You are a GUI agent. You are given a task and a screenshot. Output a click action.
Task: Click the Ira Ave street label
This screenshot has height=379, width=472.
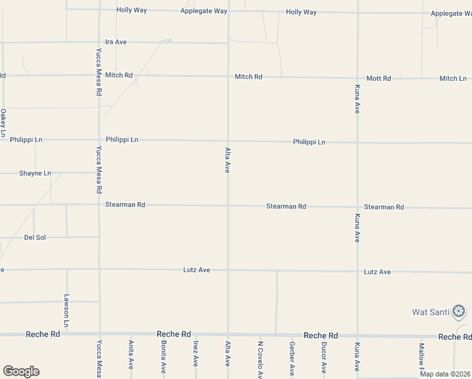point(116,42)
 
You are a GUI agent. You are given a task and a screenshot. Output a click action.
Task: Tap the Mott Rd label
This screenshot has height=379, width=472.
point(379,78)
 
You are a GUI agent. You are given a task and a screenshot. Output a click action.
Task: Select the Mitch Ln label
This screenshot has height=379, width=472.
point(452,78)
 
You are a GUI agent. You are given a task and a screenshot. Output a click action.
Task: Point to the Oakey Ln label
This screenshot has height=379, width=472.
point(3,123)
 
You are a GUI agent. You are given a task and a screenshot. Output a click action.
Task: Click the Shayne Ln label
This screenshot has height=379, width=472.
point(35,173)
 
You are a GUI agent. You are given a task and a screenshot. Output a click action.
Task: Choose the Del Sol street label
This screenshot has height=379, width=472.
point(35,238)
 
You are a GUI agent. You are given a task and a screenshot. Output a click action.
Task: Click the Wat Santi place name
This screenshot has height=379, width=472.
point(430,311)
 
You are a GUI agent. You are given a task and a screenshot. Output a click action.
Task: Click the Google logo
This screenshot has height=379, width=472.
point(21,371)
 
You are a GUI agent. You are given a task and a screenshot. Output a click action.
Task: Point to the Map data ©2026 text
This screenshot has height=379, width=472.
point(444,374)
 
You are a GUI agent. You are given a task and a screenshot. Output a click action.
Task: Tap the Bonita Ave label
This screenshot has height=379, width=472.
point(163,357)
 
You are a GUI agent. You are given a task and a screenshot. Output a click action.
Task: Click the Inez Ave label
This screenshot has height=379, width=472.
point(196,354)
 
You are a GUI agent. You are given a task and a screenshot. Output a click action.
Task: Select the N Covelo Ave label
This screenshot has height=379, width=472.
point(260,359)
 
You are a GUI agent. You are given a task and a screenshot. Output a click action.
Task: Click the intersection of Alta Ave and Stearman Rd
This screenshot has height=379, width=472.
point(228,205)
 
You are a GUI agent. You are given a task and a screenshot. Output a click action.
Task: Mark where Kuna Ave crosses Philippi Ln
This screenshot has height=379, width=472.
point(357,143)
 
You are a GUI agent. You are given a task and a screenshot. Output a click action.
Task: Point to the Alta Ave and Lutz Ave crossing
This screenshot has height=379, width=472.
point(228,270)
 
